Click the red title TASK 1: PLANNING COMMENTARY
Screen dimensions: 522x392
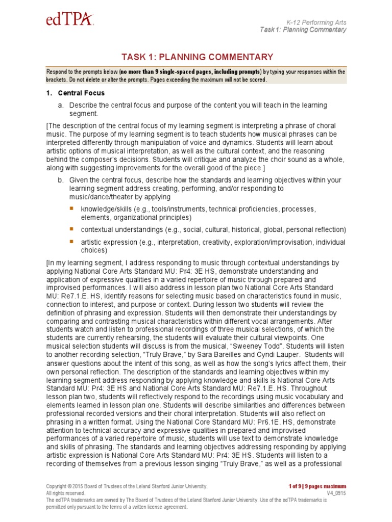[x=197, y=57]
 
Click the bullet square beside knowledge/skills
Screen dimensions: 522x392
[x=71, y=209]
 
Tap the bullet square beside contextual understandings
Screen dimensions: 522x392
[x=71, y=228]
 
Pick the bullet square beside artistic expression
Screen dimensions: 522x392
[x=71, y=241]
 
